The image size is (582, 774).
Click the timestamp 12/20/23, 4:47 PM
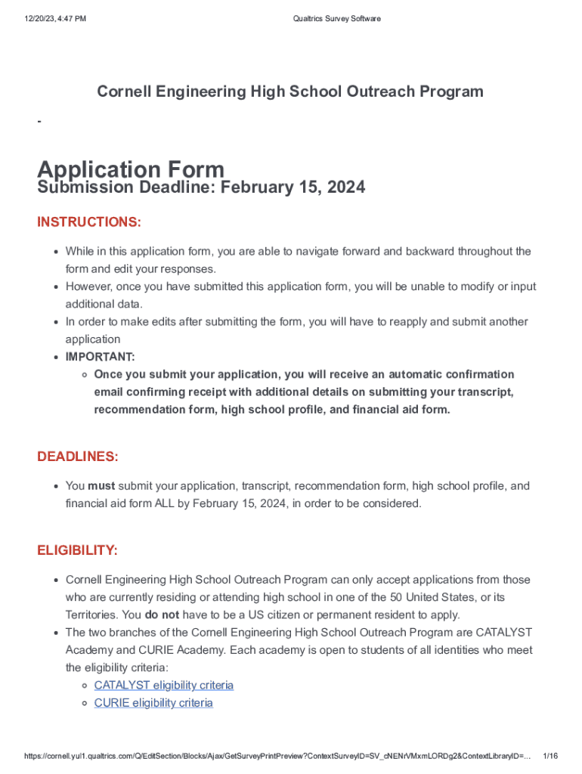[x=54, y=19]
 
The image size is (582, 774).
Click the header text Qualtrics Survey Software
[x=336, y=19]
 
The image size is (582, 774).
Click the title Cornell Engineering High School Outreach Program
[x=289, y=91]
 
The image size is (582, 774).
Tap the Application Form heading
[x=131, y=169]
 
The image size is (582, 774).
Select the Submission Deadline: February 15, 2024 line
[x=201, y=187]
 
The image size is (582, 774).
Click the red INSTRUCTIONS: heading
[x=89, y=222]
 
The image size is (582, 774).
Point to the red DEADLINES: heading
[x=78, y=457]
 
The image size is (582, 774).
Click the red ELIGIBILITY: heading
[x=77, y=550]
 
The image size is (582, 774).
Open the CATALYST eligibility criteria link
[x=163, y=685]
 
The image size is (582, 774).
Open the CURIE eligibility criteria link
[x=153, y=703]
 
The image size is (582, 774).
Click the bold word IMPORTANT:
[x=100, y=357]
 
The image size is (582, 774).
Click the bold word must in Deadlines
[x=101, y=486]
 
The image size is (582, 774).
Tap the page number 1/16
[x=550, y=757]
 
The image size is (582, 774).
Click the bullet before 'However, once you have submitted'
[x=55, y=287]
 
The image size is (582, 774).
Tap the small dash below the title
[x=39, y=122]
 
